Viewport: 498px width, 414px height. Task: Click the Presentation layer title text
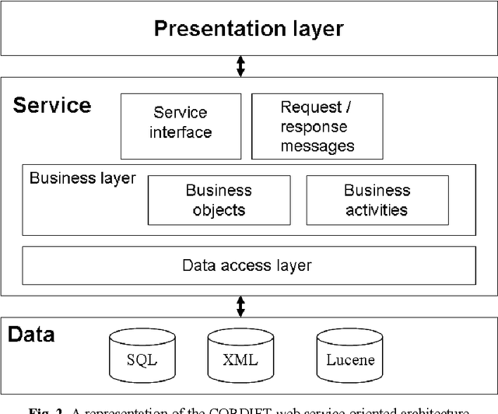(x=248, y=30)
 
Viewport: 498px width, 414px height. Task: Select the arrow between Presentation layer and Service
(x=240, y=66)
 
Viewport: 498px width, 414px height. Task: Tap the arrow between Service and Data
(x=240, y=306)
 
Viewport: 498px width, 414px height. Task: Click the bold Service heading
(x=52, y=105)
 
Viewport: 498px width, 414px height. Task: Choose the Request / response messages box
(x=317, y=125)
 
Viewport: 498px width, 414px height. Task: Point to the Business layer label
(x=82, y=178)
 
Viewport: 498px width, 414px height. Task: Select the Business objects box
(x=219, y=200)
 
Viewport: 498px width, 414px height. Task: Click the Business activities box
(x=377, y=200)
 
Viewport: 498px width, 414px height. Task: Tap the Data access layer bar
(x=247, y=265)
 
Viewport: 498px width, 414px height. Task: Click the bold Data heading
(x=32, y=335)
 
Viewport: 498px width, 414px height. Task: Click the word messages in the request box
(x=317, y=145)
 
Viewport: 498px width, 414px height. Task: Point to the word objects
(x=219, y=210)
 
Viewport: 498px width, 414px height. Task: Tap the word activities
(x=377, y=210)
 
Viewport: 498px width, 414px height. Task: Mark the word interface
(x=181, y=133)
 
